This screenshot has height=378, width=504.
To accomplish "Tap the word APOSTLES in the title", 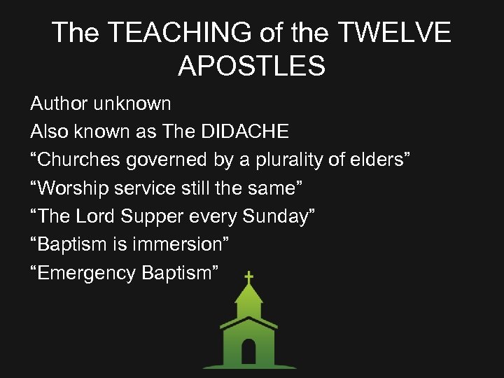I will pyautogui.click(x=251, y=66).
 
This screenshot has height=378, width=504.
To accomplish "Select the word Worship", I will pyautogui.click(x=72, y=189).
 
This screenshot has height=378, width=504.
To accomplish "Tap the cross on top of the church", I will pyautogui.click(x=248, y=277).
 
